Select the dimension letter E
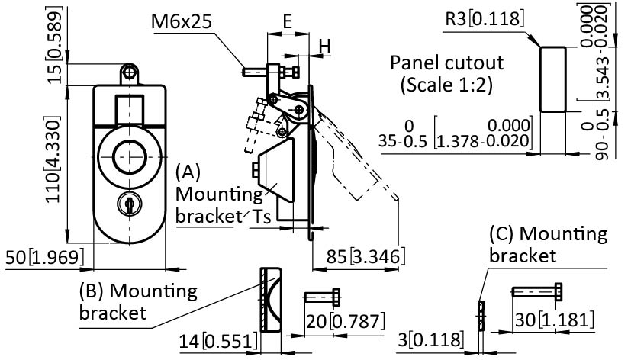287,22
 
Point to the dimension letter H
324,47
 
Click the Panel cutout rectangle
553,78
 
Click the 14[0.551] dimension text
217,341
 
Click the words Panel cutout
436,63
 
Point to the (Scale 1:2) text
446,85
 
